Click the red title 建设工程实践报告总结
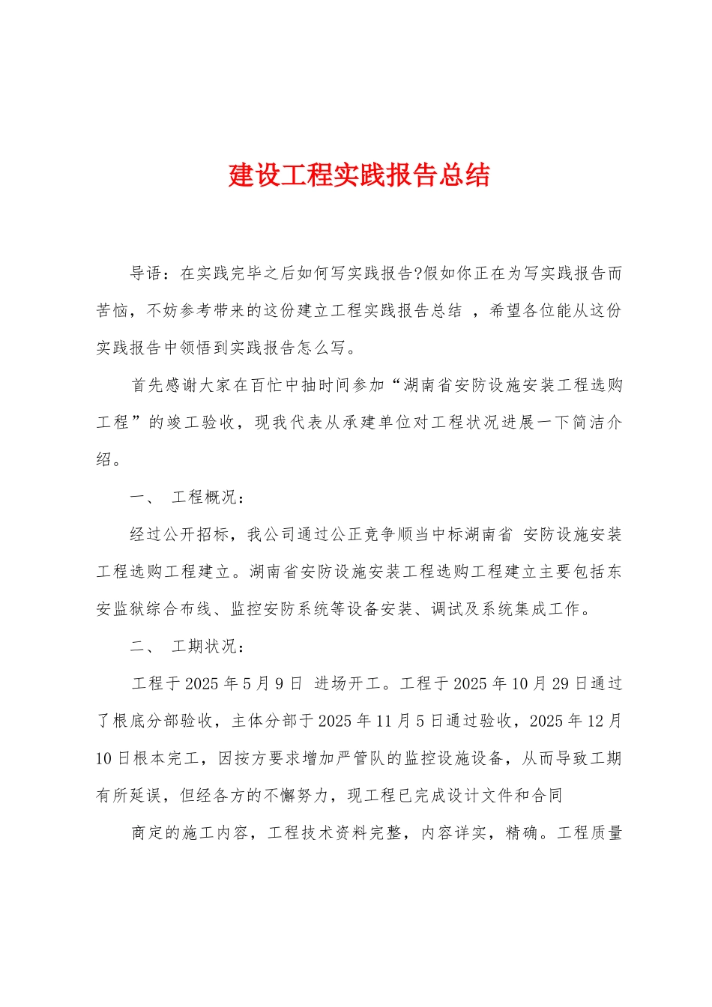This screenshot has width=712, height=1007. pos(359,175)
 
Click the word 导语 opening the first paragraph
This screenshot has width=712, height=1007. pos(147,273)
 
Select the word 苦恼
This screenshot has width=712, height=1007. pos(113,311)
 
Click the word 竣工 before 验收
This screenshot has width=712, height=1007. pos(182,423)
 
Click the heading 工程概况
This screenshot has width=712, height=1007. pos(205,498)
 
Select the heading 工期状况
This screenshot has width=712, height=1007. pos(205,647)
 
